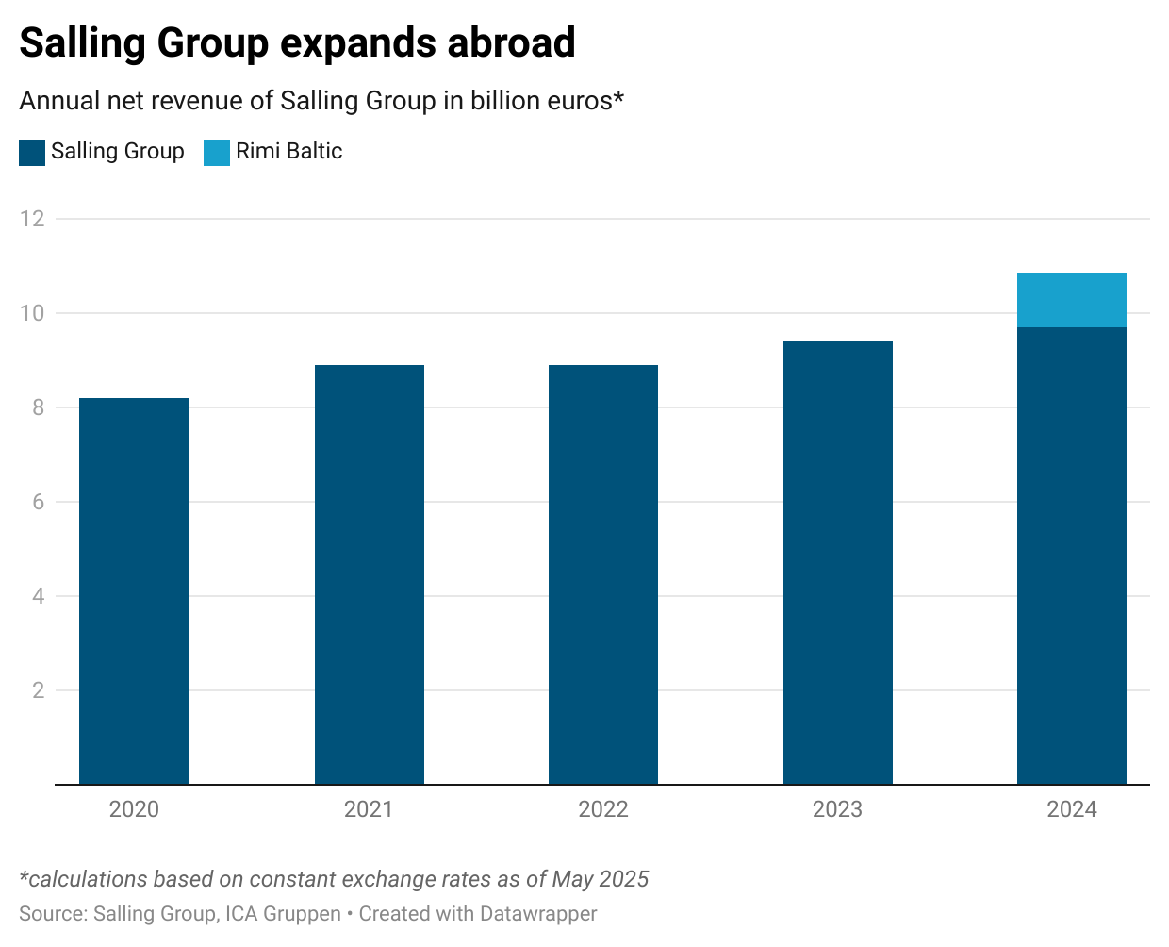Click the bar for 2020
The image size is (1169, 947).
click(134, 591)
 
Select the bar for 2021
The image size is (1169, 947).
click(369, 574)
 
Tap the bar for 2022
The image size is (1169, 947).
click(603, 574)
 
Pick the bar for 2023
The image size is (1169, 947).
click(837, 563)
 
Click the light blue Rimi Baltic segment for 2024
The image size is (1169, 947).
click(1072, 300)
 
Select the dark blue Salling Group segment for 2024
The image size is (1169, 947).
click(1072, 556)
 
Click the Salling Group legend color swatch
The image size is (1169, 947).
click(32, 153)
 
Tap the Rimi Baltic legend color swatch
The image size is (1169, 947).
click(217, 153)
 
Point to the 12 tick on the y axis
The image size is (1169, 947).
click(32, 219)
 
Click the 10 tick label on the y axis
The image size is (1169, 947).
click(32, 313)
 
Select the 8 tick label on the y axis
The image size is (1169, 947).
click(38, 407)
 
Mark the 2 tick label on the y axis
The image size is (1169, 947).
click(38, 690)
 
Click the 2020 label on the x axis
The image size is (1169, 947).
click(134, 809)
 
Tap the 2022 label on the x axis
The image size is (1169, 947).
click(603, 809)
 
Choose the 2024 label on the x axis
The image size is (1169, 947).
click(1072, 809)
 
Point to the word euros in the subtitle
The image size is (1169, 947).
click(580, 101)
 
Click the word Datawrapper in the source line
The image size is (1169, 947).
click(538, 914)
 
